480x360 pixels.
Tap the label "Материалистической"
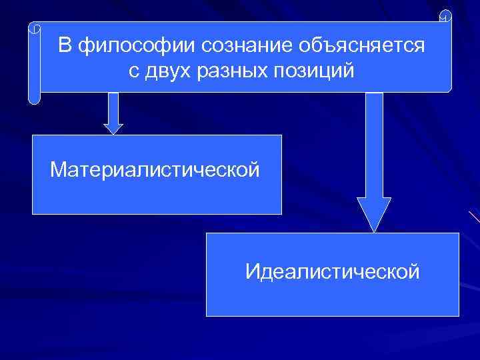pos(155,171)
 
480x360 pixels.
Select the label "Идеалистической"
pos(332,272)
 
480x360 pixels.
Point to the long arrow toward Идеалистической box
pos(374,160)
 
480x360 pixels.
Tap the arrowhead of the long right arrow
pos(374,213)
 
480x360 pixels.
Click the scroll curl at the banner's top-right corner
pos(445,17)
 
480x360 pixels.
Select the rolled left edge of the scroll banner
pos(34,63)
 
